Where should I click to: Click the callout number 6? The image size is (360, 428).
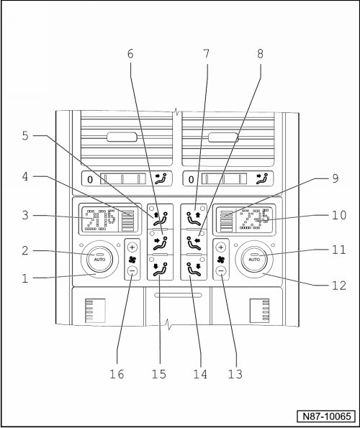[130, 54]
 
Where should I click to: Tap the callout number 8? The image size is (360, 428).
[260, 54]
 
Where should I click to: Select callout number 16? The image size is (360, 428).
[117, 374]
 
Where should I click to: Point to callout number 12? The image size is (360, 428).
[339, 286]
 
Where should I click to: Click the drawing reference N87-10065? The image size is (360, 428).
[327, 416]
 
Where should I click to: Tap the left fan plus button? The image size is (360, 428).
[132, 247]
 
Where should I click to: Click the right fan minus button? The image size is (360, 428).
[221, 271]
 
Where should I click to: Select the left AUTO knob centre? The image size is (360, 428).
[99, 259]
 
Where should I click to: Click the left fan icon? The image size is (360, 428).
[132, 259]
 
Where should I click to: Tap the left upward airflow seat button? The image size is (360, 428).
[160, 217]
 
